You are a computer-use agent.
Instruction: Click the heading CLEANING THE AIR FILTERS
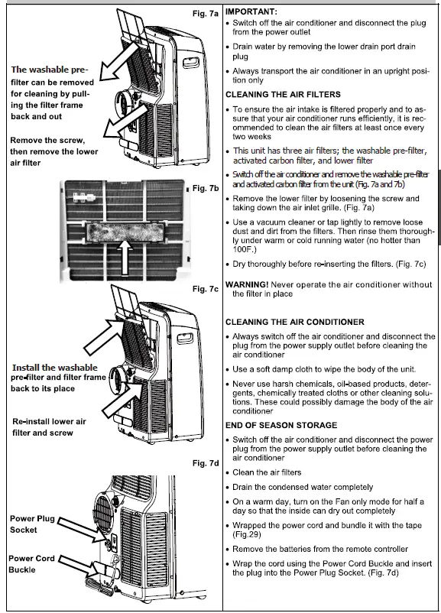click(287, 95)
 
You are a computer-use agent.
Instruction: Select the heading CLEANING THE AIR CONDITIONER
click(294, 322)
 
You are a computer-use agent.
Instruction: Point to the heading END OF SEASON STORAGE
click(284, 425)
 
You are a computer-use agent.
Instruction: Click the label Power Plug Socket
click(32, 524)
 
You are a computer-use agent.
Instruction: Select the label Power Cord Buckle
click(32, 564)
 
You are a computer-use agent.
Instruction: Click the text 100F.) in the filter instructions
click(249, 250)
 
